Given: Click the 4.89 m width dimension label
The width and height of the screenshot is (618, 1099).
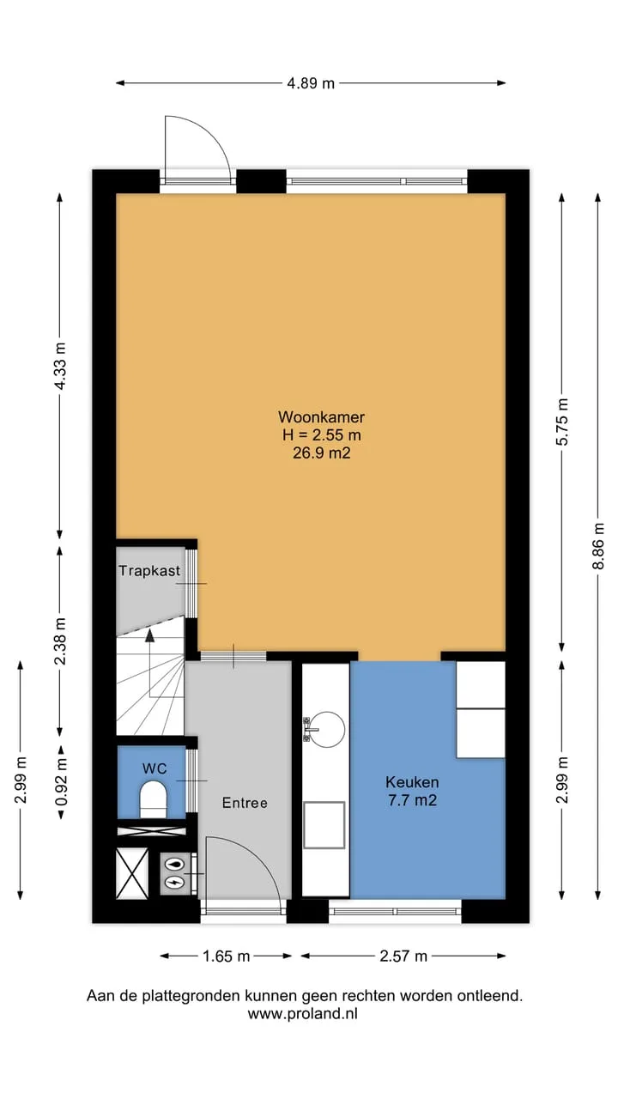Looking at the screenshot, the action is click(x=311, y=83).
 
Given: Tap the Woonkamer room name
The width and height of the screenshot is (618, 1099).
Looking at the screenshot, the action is click(x=321, y=417).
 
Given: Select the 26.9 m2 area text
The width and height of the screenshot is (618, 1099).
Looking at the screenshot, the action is click(x=322, y=452).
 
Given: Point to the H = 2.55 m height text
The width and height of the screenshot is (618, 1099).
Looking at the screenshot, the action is click(x=322, y=434).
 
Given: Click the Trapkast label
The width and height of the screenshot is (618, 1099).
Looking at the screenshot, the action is click(x=149, y=571).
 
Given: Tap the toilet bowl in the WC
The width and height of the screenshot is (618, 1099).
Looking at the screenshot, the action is click(x=154, y=799).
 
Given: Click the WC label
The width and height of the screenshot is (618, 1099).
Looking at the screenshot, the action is click(x=154, y=768).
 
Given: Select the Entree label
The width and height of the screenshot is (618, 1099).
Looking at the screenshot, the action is click(x=245, y=803).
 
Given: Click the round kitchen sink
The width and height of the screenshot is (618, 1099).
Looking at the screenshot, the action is click(x=326, y=730).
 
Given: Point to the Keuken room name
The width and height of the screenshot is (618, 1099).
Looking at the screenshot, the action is click(x=412, y=782).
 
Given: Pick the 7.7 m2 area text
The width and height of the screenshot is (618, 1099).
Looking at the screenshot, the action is click(x=412, y=800).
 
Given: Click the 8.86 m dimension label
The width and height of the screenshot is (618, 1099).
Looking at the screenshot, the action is click(x=598, y=545).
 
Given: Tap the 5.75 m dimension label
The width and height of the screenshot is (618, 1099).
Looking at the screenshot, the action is click(x=562, y=422).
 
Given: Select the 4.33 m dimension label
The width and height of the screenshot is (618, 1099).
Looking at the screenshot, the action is click(x=60, y=366).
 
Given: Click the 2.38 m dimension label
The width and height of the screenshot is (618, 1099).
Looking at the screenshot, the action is click(x=60, y=641).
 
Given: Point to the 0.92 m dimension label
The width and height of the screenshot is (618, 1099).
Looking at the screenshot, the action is click(x=61, y=782).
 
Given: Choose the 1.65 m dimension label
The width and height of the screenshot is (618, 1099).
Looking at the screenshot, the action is click(x=226, y=956).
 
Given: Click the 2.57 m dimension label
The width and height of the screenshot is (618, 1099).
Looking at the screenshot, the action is click(x=403, y=956).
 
